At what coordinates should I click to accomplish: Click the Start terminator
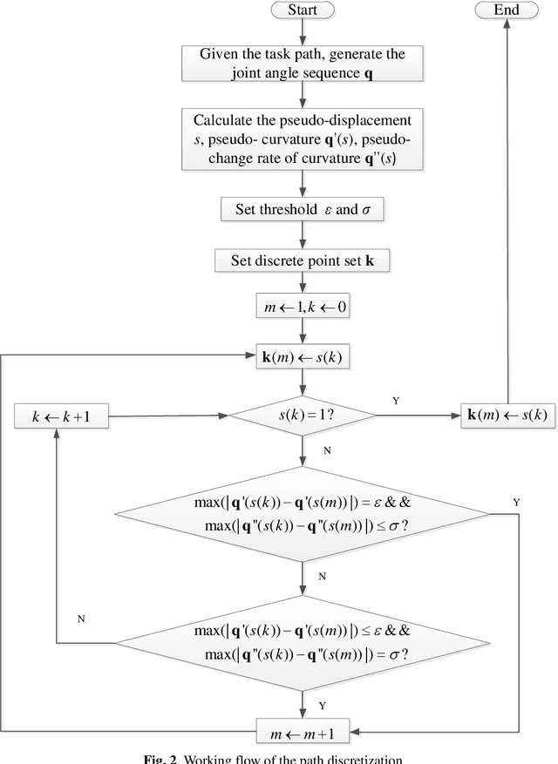coord(302,10)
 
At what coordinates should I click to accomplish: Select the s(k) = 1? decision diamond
coord(302,416)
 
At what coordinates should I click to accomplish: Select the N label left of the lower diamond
coord(80,618)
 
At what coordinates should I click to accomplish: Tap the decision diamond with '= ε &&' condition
coord(302,515)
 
